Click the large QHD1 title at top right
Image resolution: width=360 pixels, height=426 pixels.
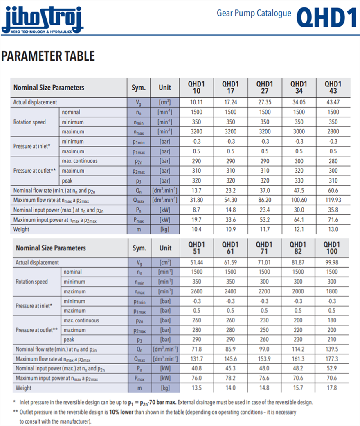coord(326,17)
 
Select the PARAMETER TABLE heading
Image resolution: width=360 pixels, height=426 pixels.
coord(48,56)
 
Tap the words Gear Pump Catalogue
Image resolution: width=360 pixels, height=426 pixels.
coord(254,13)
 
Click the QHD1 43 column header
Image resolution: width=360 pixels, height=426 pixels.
coord(333,87)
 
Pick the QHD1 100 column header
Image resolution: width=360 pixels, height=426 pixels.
coord(333,248)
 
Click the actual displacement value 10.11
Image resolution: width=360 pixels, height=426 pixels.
coord(196,102)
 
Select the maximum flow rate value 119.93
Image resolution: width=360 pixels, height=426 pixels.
coord(333,200)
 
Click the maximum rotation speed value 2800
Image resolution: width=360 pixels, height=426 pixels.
coord(333,131)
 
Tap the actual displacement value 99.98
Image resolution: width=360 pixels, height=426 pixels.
coord(332,262)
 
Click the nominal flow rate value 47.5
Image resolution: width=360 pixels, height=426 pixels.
coord(299,190)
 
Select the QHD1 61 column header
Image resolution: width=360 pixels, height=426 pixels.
coord(230,248)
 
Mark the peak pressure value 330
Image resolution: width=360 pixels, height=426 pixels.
coord(299,180)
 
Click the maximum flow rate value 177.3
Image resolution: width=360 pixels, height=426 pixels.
coord(332,358)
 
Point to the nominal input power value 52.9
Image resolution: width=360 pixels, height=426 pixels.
coord(332,368)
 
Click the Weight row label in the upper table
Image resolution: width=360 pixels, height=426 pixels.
coord(21,229)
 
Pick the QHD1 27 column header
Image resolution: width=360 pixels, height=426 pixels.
coord(265,87)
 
